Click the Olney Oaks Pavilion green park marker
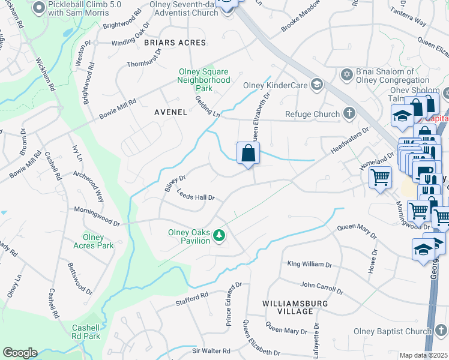click(220, 236)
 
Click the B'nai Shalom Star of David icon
click(346, 74)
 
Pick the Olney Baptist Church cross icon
click(441, 331)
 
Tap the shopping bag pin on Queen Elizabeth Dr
click(248, 154)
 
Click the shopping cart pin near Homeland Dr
click(380, 178)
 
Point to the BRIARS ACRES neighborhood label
click(175, 43)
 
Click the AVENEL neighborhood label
click(170, 112)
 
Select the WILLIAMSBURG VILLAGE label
click(295, 307)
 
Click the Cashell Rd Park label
click(89, 331)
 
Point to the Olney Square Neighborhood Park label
click(204, 80)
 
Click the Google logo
click(20, 353)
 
